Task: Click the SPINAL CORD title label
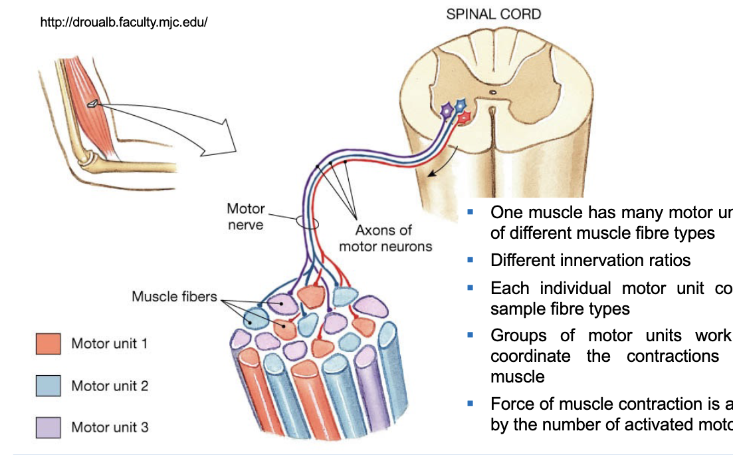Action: [x=493, y=14]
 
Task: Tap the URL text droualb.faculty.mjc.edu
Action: [x=124, y=23]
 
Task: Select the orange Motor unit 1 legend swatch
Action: [x=48, y=344]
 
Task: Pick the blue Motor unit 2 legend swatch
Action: [x=48, y=386]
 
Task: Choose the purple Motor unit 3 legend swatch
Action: [x=48, y=426]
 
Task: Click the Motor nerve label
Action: [x=245, y=217]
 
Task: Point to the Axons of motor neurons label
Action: [x=385, y=238]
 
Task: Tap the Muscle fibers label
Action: [x=174, y=296]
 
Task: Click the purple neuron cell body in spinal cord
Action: [x=447, y=109]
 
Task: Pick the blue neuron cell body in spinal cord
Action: [x=459, y=104]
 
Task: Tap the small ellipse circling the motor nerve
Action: [x=308, y=222]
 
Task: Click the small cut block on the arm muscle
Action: [x=95, y=102]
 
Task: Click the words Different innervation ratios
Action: [x=590, y=260]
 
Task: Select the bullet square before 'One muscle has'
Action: [x=471, y=212]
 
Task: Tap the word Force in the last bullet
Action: [x=512, y=404]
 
